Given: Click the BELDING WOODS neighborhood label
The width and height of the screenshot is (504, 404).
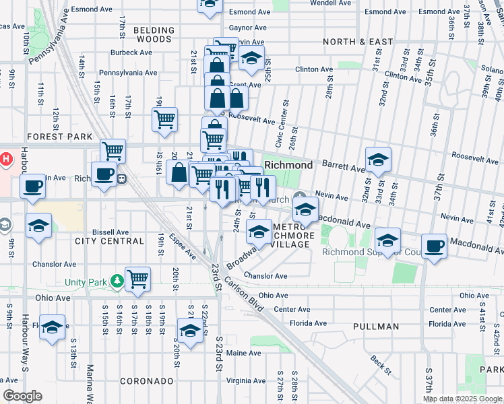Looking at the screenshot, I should coord(154,35).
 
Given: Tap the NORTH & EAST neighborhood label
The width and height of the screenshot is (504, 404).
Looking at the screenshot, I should coord(358,42).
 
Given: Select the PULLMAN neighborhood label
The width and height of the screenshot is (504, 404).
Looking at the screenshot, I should coord(375,327).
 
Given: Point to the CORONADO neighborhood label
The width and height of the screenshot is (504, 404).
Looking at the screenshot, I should coord(147,381).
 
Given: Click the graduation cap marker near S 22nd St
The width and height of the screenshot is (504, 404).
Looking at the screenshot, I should coord(191,330).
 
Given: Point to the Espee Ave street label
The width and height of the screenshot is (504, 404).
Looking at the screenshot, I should coord(183,246).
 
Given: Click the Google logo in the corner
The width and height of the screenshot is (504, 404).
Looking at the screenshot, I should coord(22,396).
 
